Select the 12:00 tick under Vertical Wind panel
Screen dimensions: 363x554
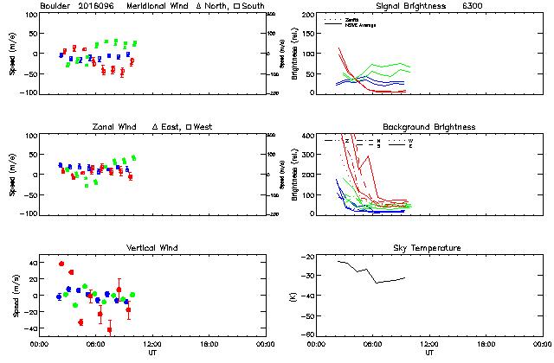pyautogui.click(x=151, y=343)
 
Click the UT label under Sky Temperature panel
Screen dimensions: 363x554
pyautogui.click(x=429, y=353)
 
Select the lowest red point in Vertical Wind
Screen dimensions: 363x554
pyautogui.click(x=109, y=329)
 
